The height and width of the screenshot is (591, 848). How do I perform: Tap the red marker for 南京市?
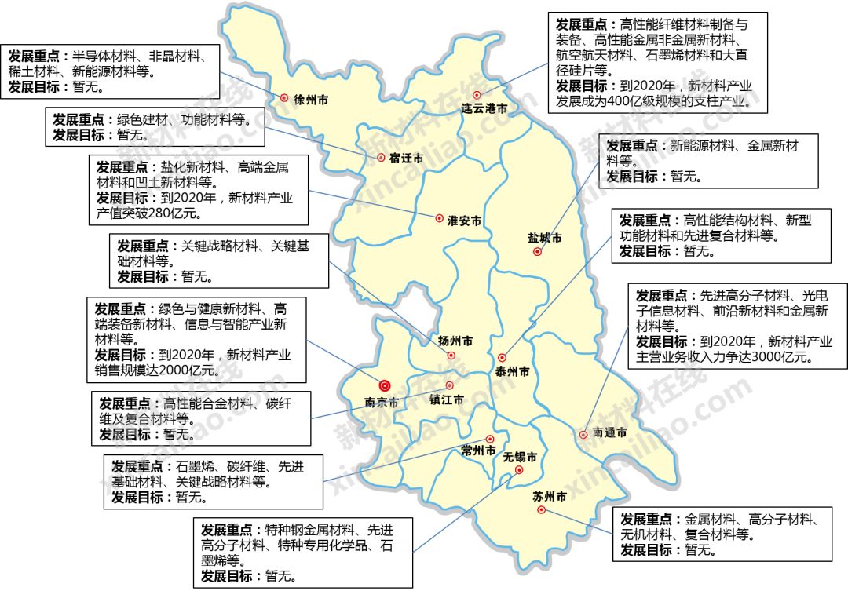(385, 385)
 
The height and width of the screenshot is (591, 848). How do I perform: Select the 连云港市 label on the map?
(484, 108)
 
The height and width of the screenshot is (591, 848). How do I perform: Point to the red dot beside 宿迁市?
(381, 157)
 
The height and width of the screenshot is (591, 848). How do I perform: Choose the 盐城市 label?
(545, 237)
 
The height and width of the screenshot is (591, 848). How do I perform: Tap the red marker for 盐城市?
(537, 252)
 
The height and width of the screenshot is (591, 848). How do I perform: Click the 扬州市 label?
(456, 341)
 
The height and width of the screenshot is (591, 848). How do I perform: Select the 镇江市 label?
(447, 399)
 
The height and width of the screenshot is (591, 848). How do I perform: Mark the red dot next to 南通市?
(583, 434)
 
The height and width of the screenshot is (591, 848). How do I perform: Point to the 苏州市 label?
(550, 496)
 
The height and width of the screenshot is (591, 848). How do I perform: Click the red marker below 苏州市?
(541, 510)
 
